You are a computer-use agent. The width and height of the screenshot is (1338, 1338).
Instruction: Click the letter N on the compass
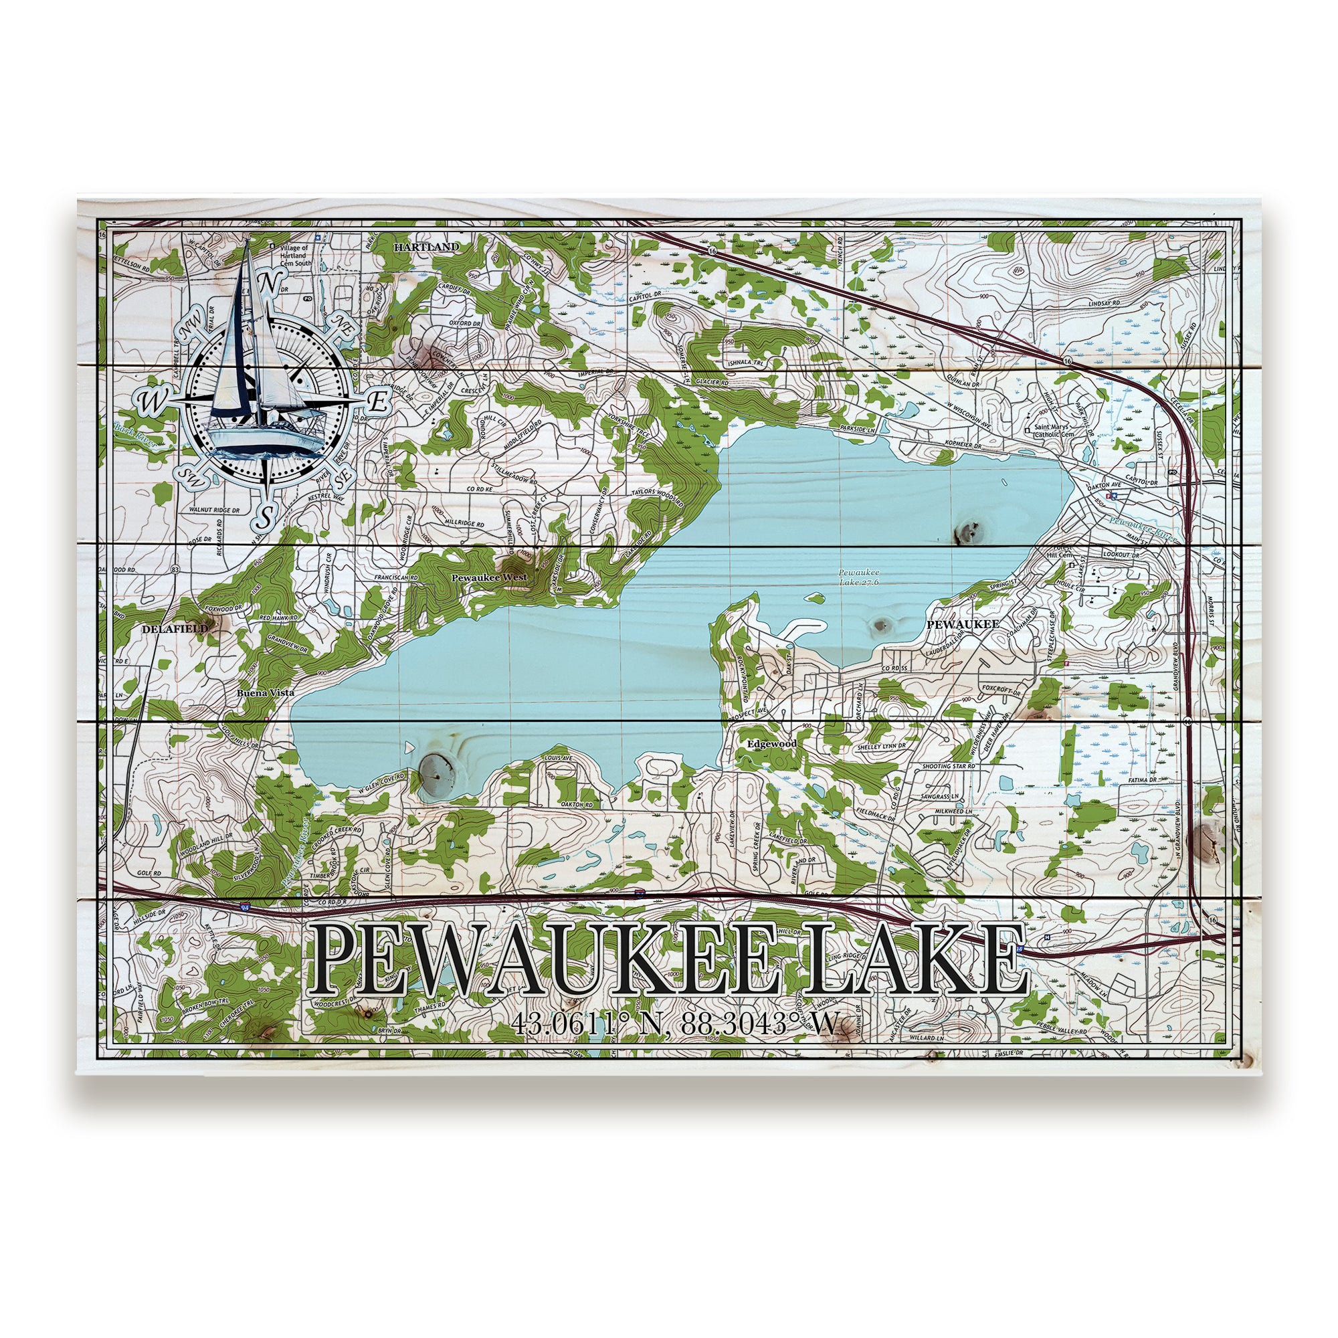(271, 282)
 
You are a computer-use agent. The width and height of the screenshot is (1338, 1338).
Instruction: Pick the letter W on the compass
(150, 400)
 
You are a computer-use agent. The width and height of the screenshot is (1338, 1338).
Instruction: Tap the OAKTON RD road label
(578, 805)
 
